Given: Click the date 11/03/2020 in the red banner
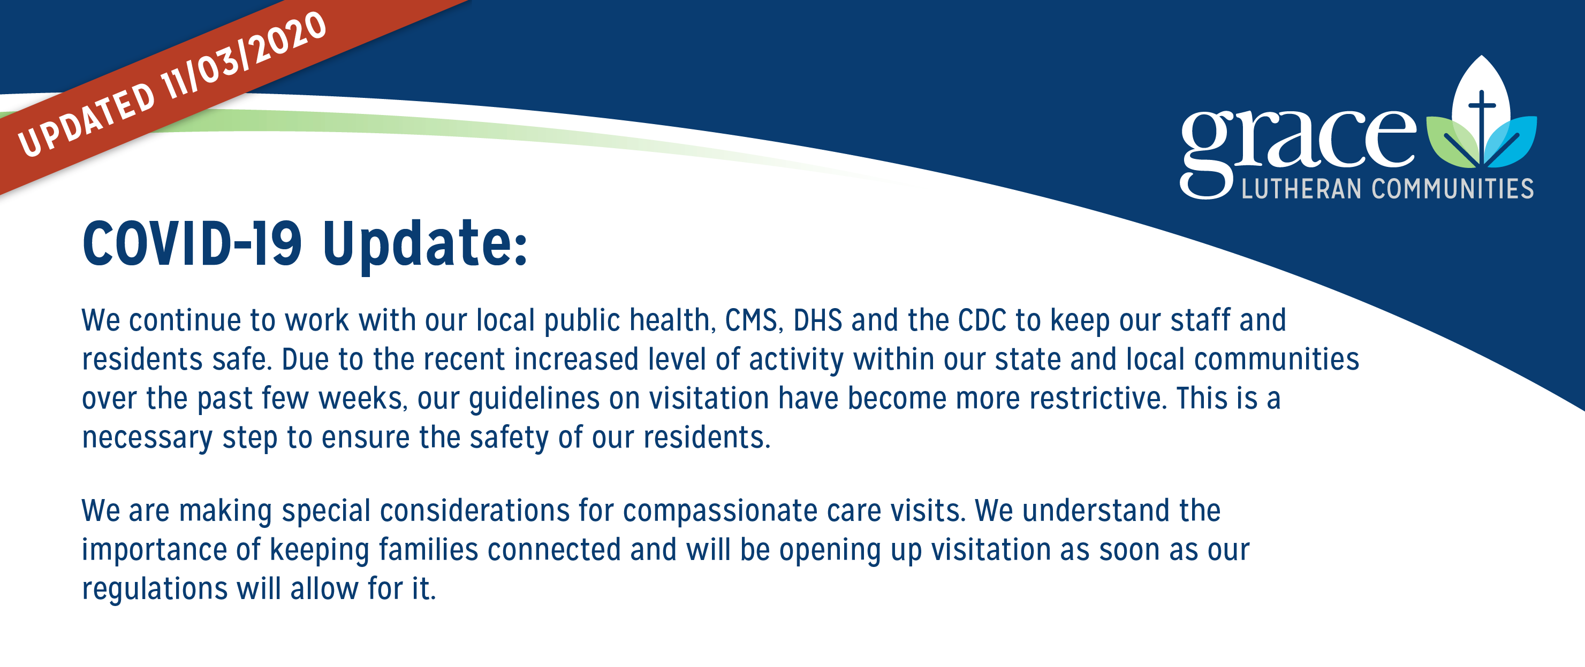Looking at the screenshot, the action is coord(243,55).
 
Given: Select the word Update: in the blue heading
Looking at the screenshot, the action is coord(424,246).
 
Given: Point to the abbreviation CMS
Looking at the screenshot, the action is coord(754,320).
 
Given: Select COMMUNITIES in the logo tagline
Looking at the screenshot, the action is coord(1453,189).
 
